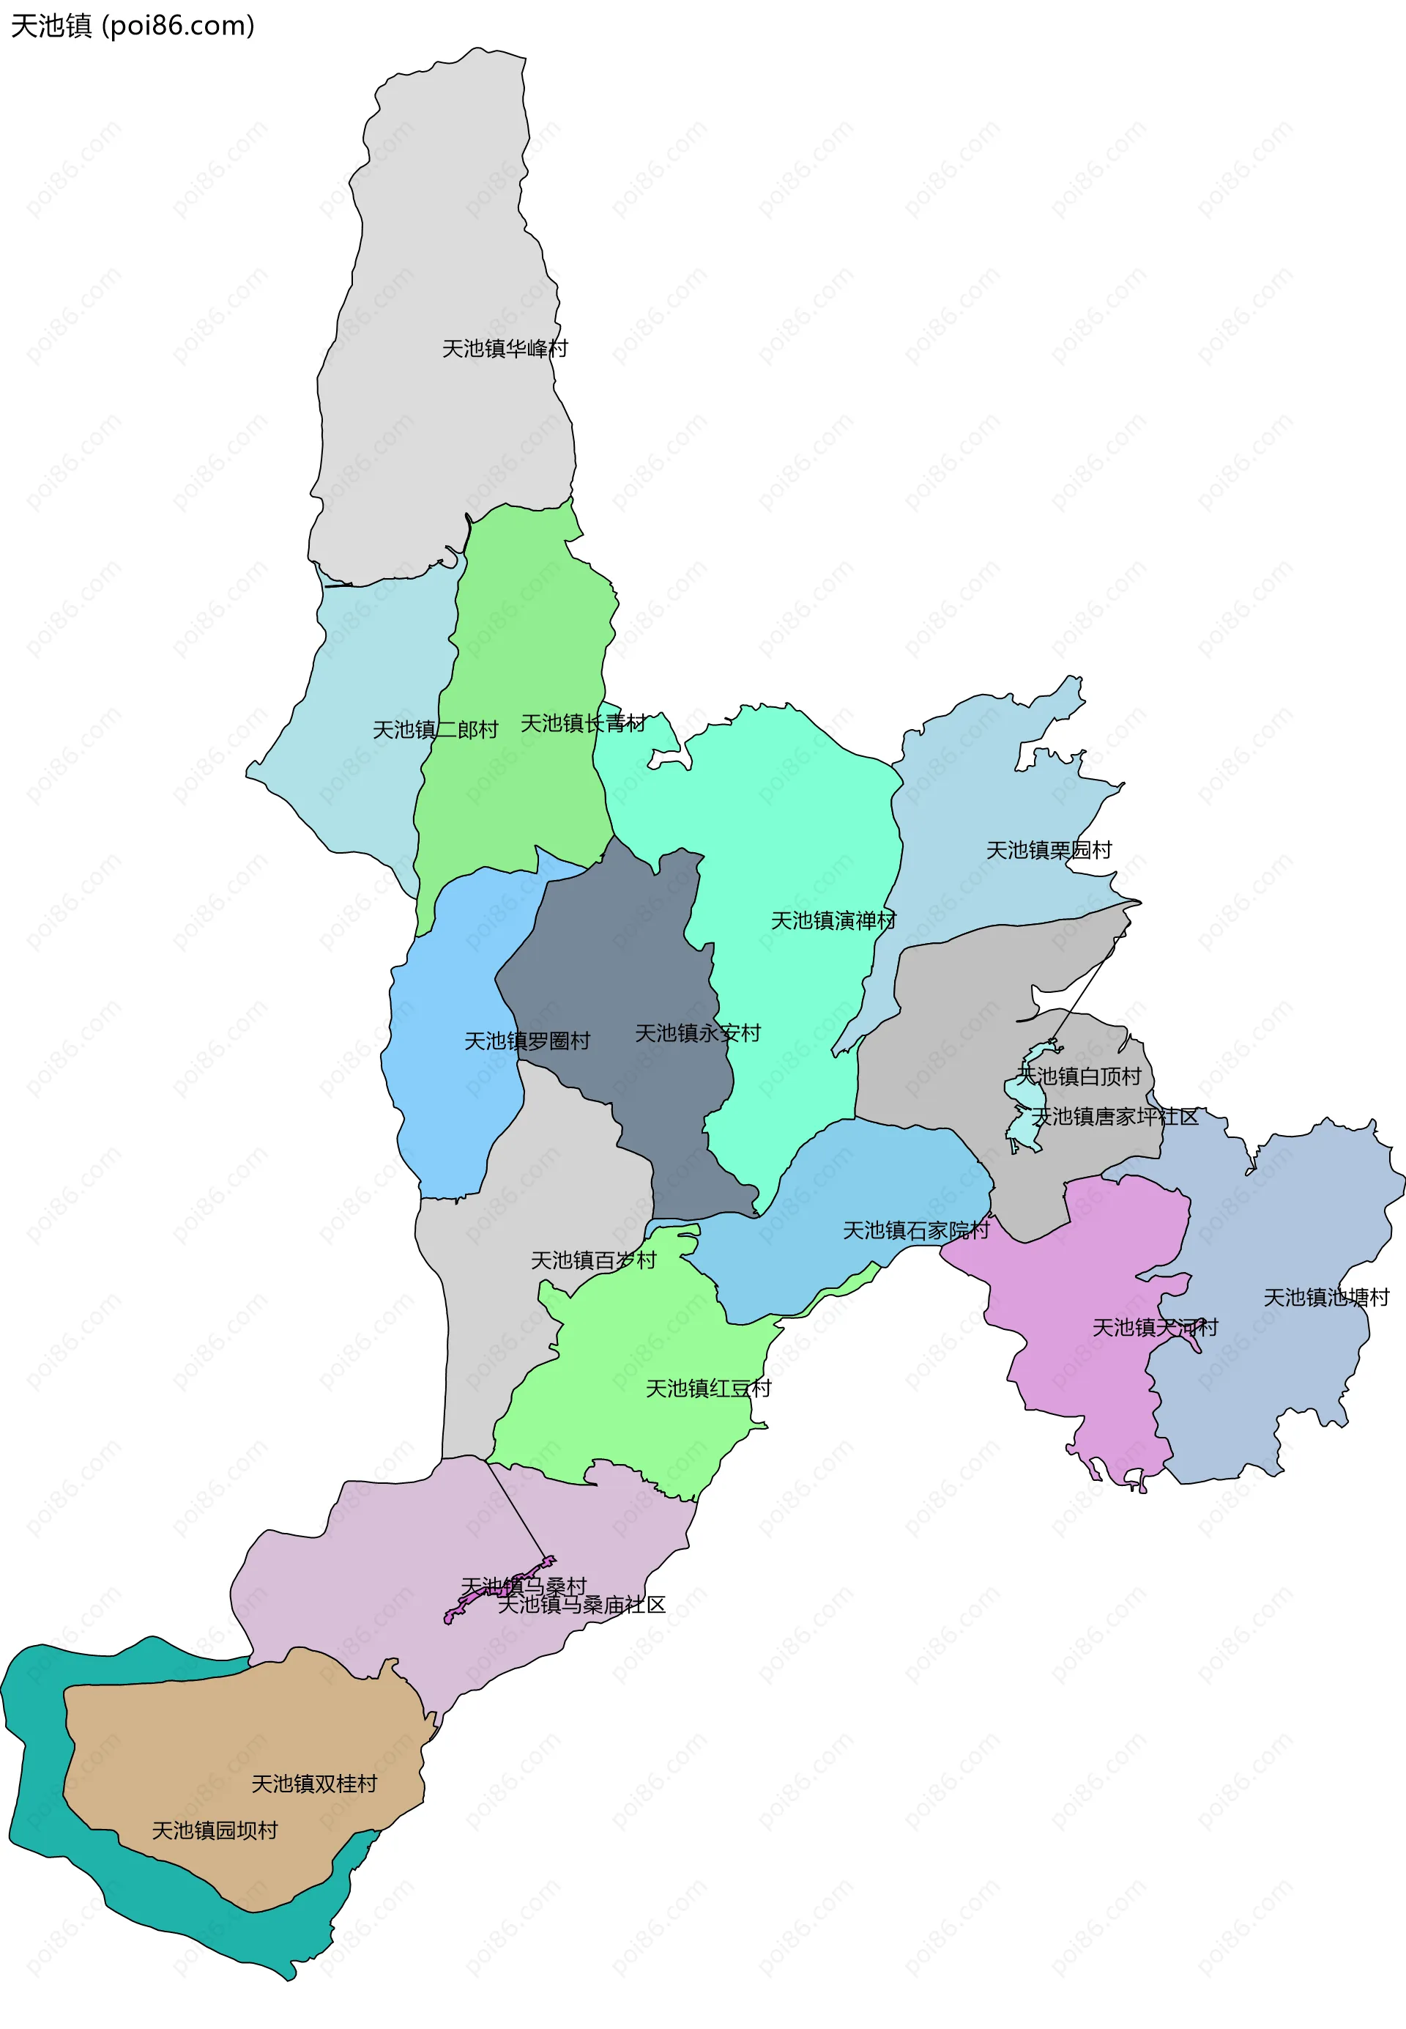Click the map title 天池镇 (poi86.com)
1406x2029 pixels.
132,26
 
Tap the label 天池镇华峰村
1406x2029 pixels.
505,349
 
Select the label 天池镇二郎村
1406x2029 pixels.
435,730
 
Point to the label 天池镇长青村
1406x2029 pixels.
583,724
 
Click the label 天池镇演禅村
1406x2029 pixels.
833,921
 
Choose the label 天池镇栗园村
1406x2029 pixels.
1049,851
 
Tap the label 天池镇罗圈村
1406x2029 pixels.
527,1042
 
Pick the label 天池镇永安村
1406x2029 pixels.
698,1033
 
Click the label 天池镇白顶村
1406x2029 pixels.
1079,1076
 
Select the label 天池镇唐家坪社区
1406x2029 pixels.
1115,1117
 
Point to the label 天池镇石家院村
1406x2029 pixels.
916,1230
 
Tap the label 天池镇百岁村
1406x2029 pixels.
593,1260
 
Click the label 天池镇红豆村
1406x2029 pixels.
708,1389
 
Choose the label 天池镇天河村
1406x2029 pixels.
1155,1328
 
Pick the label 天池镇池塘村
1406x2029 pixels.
1326,1298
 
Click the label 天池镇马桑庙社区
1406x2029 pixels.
581,1605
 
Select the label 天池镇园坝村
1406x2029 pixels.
215,1830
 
